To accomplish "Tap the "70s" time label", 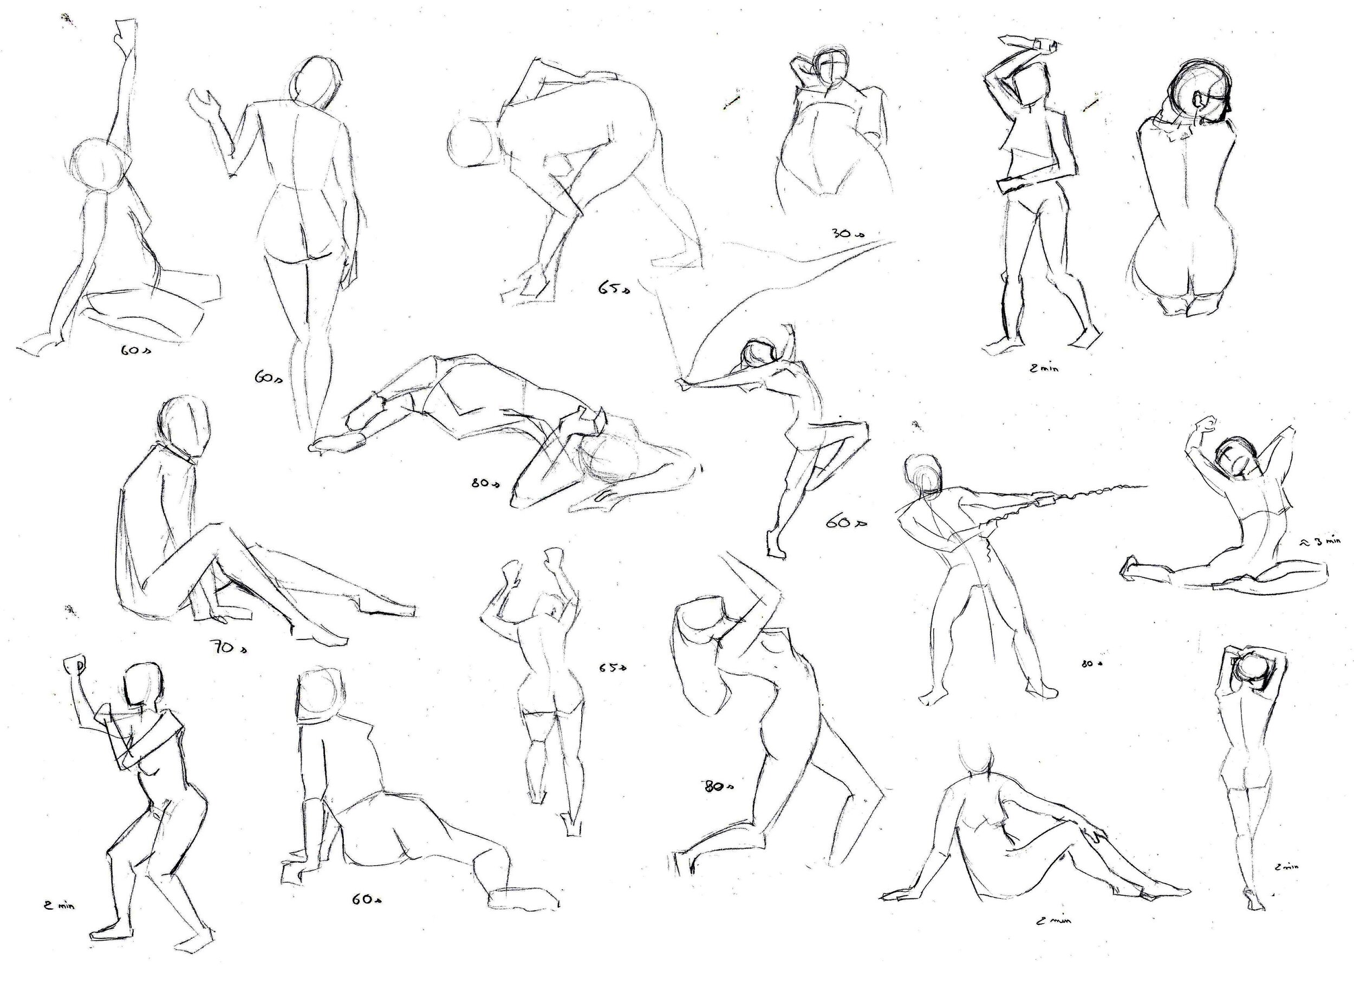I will [x=228, y=647].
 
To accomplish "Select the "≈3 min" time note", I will [x=1319, y=542].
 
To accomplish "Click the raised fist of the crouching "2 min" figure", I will [x=74, y=664].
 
